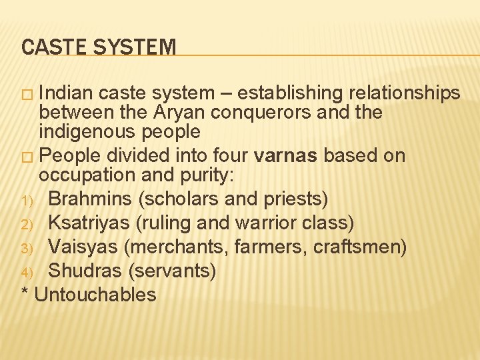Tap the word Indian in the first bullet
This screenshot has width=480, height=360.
(x=73, y=93)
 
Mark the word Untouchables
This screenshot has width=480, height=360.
(x=95, y=295)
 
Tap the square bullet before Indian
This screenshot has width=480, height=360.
(x=27, y=93)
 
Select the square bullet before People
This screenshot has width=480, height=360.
(x=27, y=156)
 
